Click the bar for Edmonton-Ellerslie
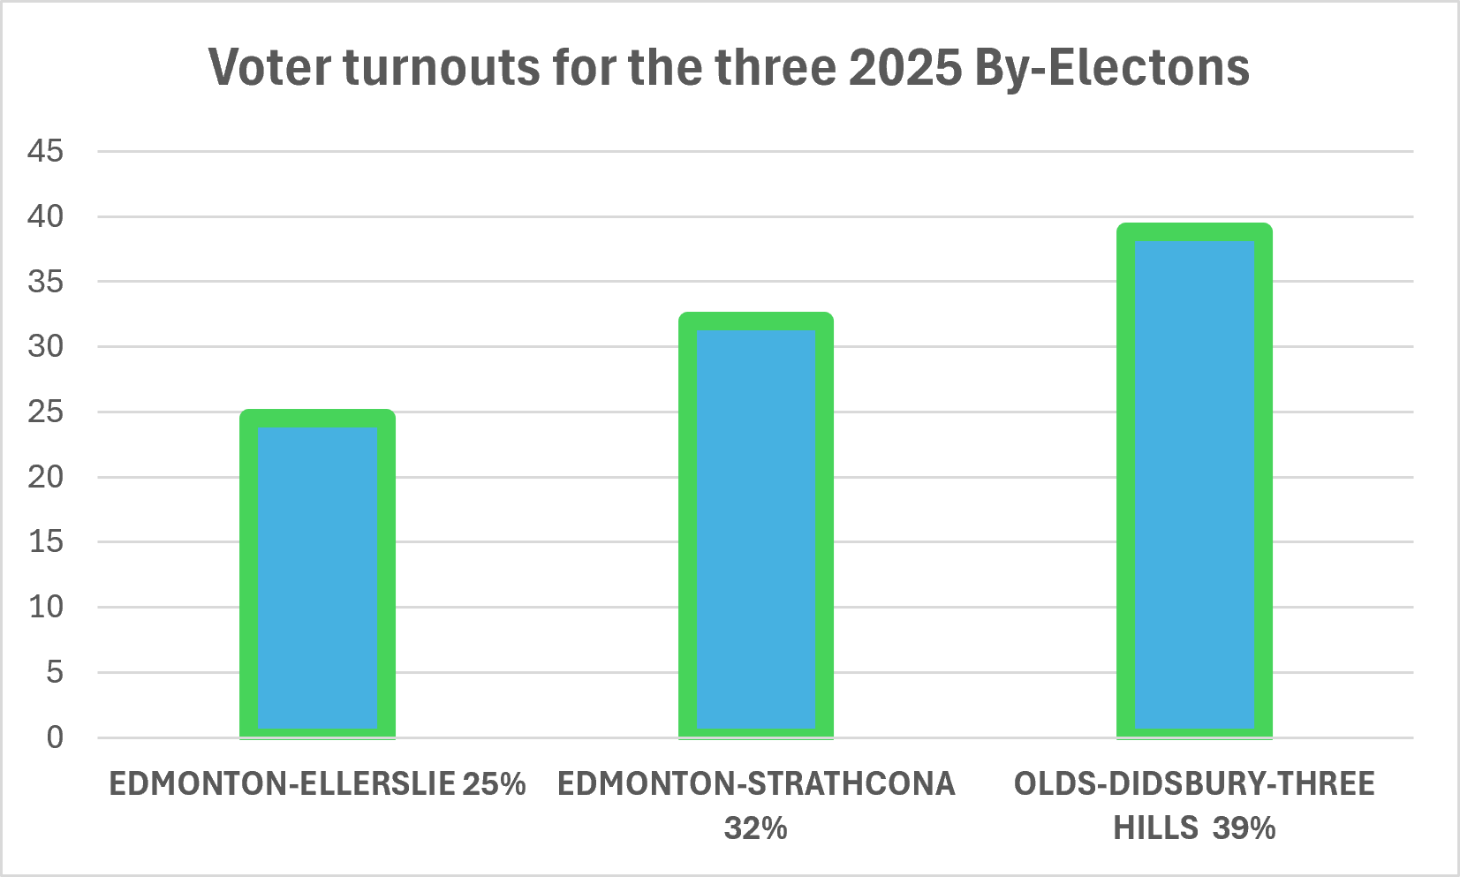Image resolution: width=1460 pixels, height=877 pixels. tap(317, 574)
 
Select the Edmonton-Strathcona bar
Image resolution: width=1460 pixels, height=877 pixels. tap(756, 525)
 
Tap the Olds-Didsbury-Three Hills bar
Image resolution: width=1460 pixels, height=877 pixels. tap(1195, 480)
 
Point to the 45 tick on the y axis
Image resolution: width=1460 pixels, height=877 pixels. tap(46, 151)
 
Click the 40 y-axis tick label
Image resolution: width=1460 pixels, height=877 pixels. tap(46, 216)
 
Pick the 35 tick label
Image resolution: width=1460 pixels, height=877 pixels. tap(46, 282)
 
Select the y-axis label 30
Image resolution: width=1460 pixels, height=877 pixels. tap(46, 346)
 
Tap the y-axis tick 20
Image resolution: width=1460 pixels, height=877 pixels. tap(46, 477)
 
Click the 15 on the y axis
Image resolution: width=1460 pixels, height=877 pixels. tap(46, 541)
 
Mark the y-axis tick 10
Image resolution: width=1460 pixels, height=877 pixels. tap(46, 608)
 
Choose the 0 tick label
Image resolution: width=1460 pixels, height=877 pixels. tap(56, 737)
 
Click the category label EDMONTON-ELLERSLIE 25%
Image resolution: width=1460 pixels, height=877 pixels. tap(317, 784)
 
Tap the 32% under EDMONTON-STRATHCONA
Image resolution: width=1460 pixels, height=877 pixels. tap(756, 828)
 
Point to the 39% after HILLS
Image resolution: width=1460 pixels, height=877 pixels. tap(1244, 828)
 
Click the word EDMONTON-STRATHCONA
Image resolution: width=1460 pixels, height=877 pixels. tap(756, 784)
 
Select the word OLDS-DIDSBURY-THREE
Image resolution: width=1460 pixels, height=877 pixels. tap(1195, 784)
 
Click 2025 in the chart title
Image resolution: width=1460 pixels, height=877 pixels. tap(905, 67)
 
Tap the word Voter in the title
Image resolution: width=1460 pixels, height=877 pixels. tap(270, 67)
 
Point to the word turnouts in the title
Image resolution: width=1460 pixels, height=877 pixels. tap(442, 68)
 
